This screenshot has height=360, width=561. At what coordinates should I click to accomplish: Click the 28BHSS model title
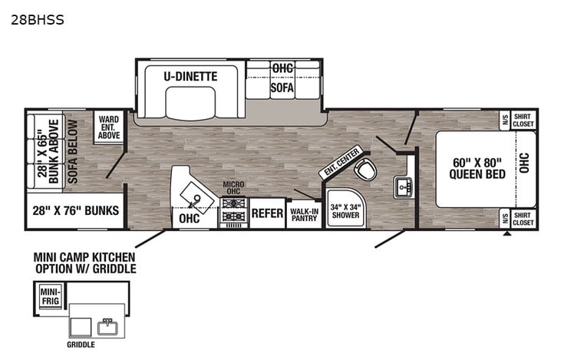pos(38,21)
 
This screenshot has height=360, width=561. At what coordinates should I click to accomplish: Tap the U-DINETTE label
pos(190,76)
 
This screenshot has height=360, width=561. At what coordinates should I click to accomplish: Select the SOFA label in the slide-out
pos(282,88)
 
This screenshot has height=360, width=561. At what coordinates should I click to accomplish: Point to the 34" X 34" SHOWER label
pos(344,211)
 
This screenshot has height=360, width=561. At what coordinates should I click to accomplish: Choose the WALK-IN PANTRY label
pos(304,213)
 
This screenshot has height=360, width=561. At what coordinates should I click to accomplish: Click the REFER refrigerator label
pos(268,213)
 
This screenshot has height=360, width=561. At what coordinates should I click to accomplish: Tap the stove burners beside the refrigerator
pos(234,211)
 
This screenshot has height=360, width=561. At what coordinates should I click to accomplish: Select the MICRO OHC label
pos(233,189)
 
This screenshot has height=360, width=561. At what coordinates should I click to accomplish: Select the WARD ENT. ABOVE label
pos(108,127)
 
